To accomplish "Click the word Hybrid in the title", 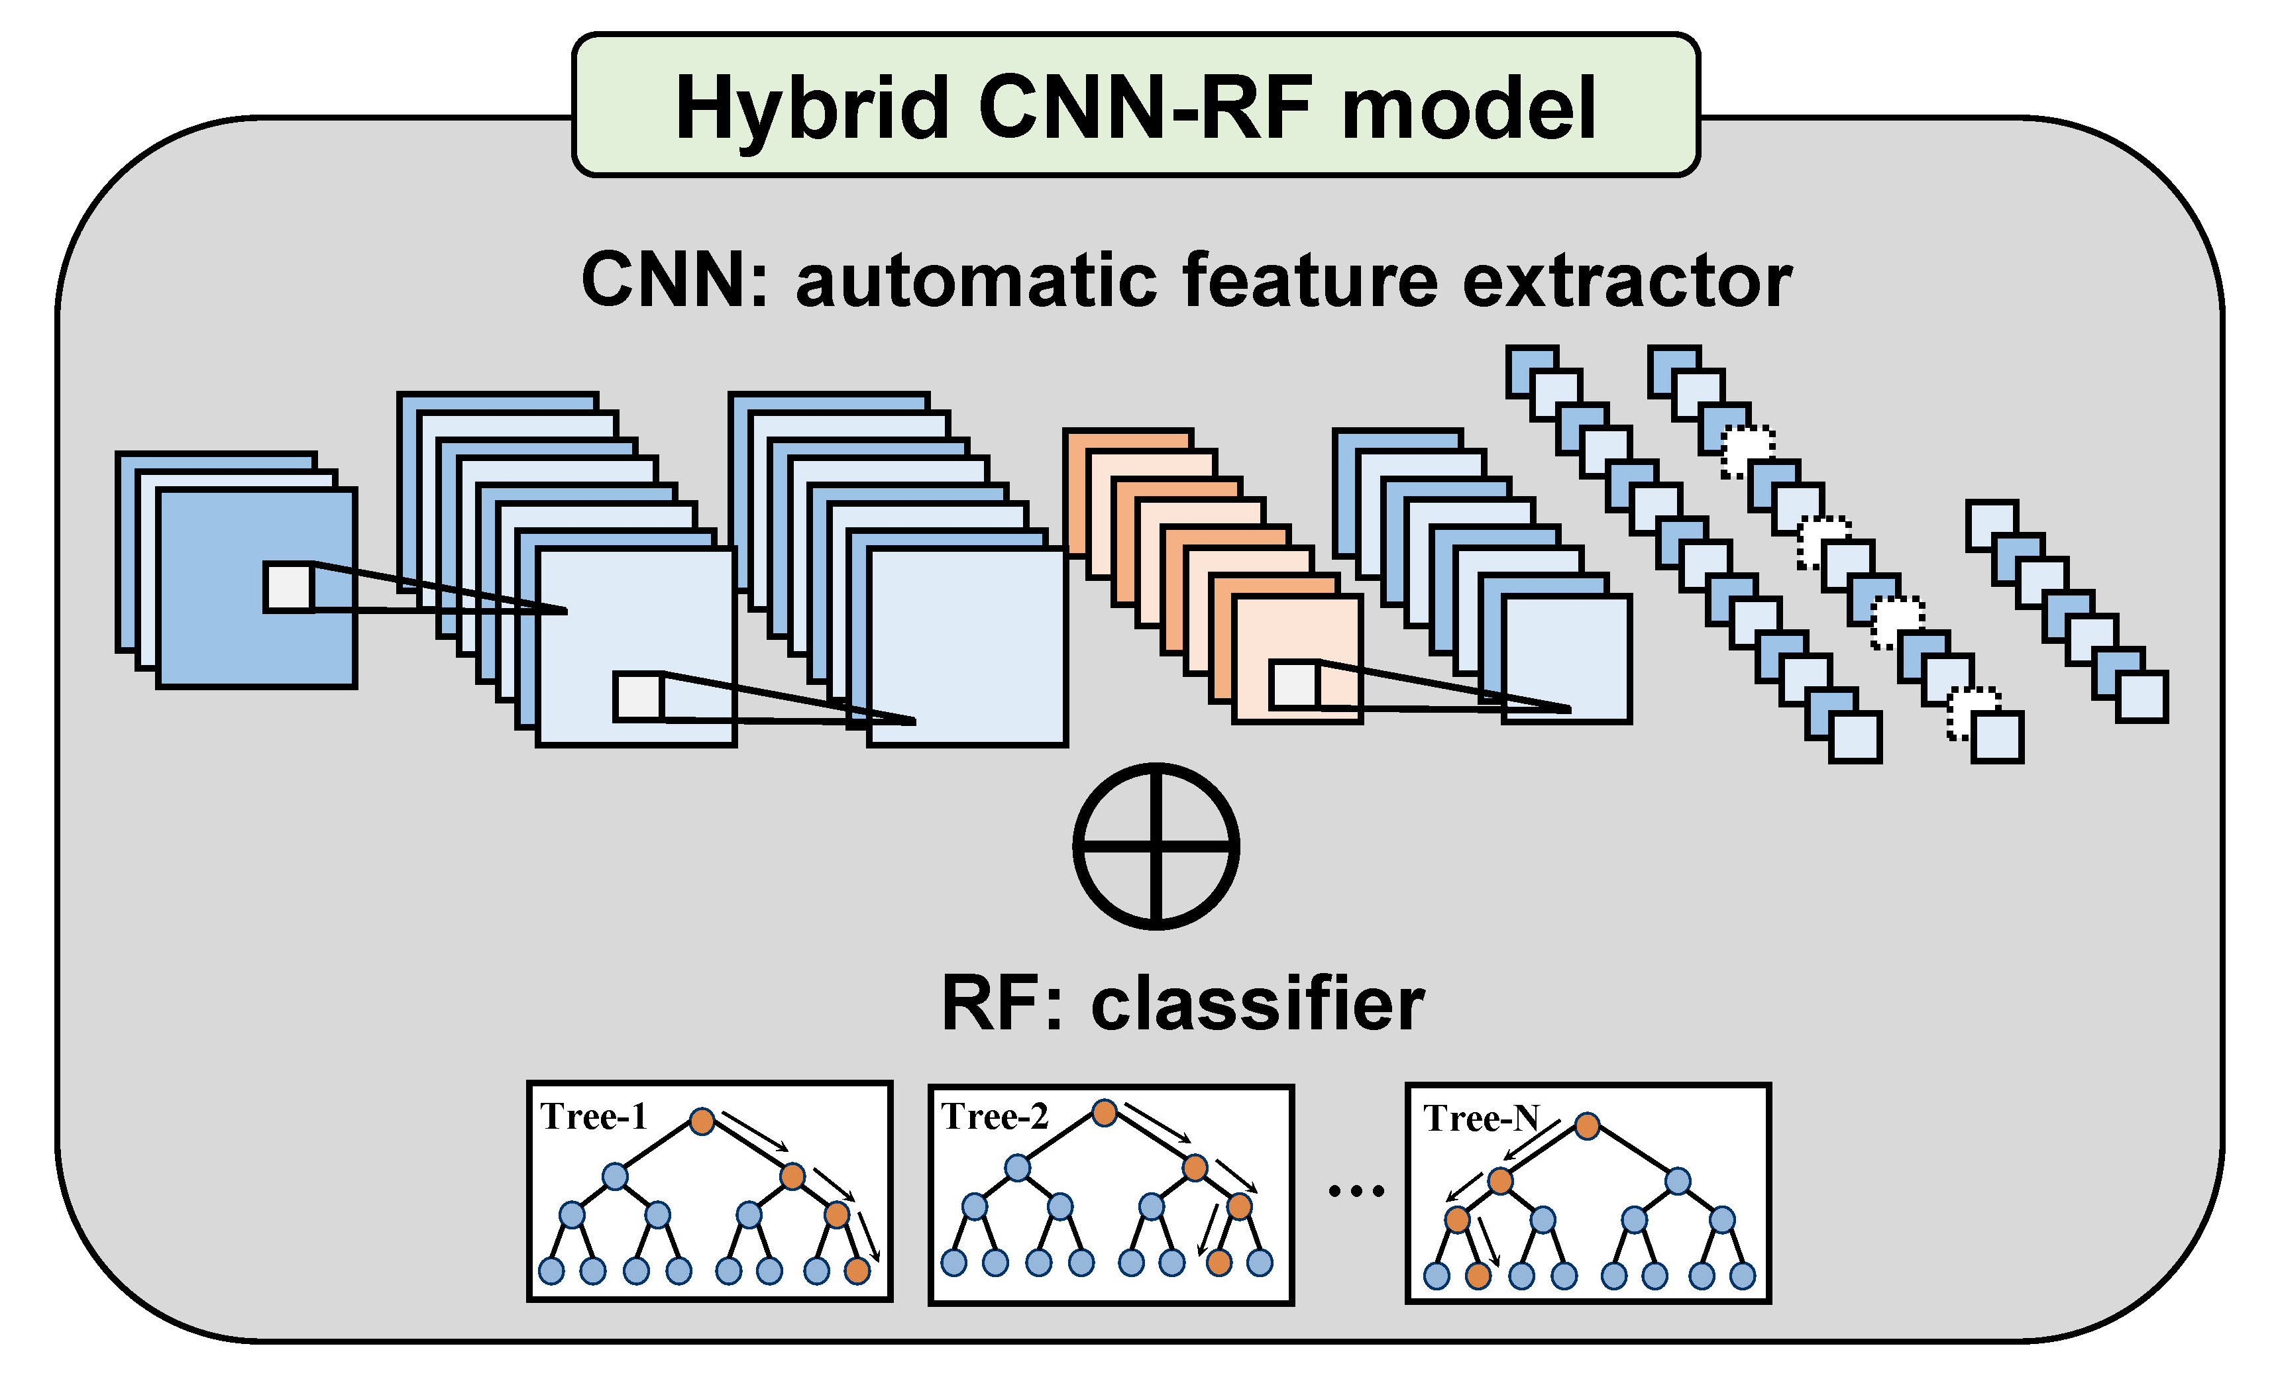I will (812, 109).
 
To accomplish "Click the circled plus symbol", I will (1156, 846).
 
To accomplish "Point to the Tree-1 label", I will (594, 1117).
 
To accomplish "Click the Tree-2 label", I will (995, 1117).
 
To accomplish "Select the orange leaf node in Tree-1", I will (857, 1271).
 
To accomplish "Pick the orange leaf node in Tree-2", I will (1219, 1263).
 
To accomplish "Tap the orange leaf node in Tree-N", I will (1478, 1276).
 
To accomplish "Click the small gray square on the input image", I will (288, 587).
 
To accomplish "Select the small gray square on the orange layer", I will (1293, 685).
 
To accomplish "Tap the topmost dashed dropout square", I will (1747, 452).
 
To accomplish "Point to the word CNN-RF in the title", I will (1144, 109).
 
